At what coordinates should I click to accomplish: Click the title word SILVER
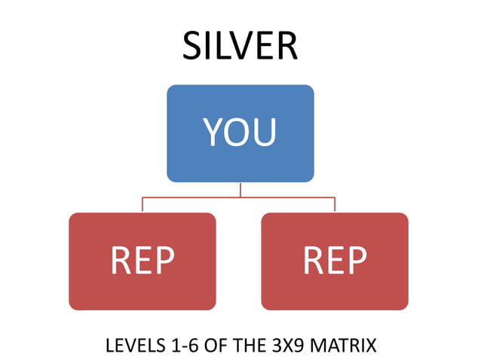point(240,47)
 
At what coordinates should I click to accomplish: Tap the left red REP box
point(142,261)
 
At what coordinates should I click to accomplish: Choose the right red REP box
point(335,261)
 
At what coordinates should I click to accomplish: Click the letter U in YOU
point(264,133)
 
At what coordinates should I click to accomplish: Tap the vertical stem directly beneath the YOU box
point(240,189)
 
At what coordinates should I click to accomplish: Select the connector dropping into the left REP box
point(142,205)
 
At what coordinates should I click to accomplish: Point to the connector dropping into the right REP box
point(335,205)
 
